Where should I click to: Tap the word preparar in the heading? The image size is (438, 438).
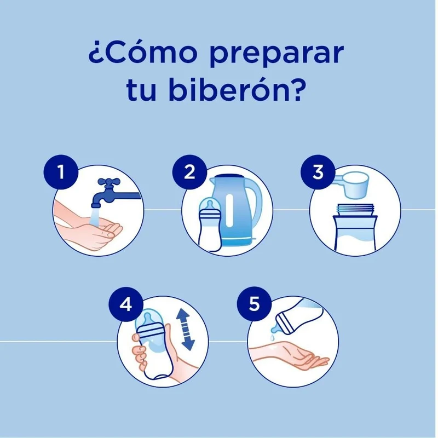pyautogui.click(x=276, y=55)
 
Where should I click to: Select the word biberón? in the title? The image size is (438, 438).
pyautogui.click(x=235, y=89)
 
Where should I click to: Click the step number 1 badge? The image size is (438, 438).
pyautogui.click(x=61, y=172)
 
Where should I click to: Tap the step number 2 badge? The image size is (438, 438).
pyautogui.click(x=189, y=172)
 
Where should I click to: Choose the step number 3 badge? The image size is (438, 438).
pyautogui.click(x=318, y=172)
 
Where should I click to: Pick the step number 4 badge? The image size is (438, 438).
pyautogui.click(x=126, y=304)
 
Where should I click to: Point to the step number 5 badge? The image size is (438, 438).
pyautogui.click(x=254, y=304)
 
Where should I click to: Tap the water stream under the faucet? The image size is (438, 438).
pyautogui.click(x=94, y=216)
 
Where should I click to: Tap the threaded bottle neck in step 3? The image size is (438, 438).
pyautogui.click(x=355, y=210)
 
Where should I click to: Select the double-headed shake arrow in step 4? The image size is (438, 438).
pyautogui.click(x=186, y=330)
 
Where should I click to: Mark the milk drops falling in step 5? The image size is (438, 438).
pyautogui.click(x=272, y=336)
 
